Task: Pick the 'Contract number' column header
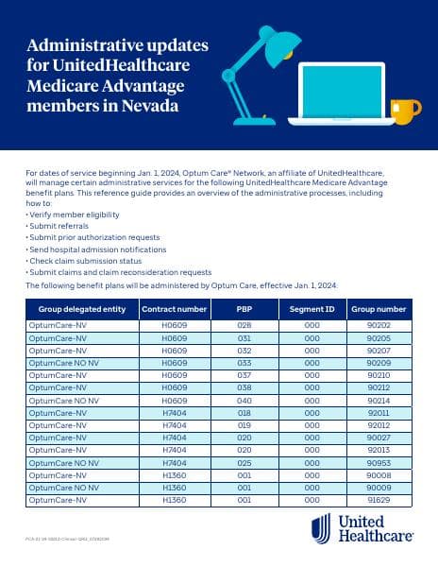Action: (174, 309)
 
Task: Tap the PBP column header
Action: (244, 309)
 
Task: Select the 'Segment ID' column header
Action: (312, 309)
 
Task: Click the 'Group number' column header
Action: (378, 309)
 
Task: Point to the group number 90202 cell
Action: (378, 325)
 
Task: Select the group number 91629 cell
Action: (378, 500)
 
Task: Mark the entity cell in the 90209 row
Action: (68, 363)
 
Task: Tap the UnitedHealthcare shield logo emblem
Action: (321, 530)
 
